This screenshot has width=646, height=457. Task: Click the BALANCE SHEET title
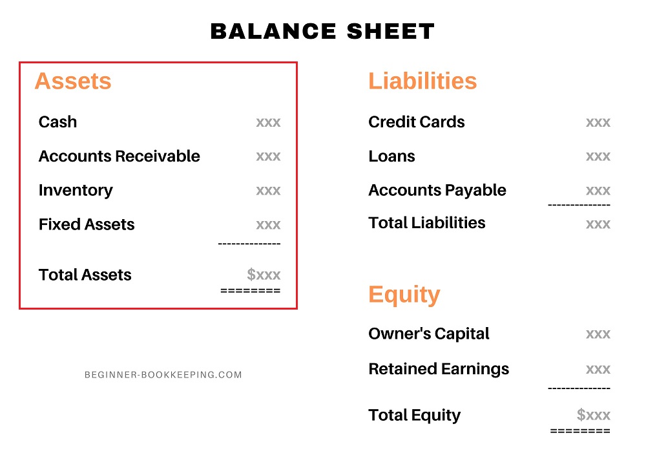(323, 31)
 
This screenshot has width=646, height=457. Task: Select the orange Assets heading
(73, 81)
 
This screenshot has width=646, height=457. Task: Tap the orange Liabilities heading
(422, 81)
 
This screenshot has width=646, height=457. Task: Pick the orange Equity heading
(404, 295)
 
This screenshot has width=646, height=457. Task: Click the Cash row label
(57, 122)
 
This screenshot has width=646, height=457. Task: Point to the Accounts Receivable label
(120, 156)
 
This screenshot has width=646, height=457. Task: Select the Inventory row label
(76, 191)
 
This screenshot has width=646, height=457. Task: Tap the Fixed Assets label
(87, 225)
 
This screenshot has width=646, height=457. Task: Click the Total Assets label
(85, 275)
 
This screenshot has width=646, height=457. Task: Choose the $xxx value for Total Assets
(264, 275)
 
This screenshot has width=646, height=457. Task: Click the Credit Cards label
(416, 122)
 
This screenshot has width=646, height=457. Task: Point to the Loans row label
(391, 156)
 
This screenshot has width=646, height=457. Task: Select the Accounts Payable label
(437, 191)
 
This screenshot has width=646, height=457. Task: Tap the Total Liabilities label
(426, 223)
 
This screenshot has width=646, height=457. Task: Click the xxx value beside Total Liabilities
(598, 224)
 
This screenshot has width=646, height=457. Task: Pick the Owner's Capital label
(428, 334)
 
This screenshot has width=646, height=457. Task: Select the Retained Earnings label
(439, 369)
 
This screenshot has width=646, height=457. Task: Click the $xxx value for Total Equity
(594, 415)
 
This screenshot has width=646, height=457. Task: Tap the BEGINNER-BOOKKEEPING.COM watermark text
(163, 375)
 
